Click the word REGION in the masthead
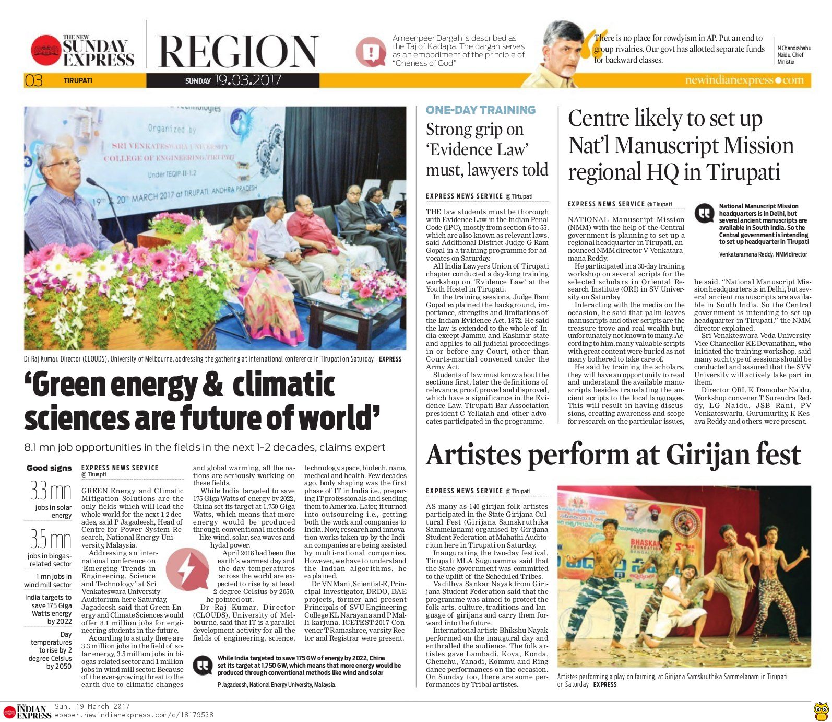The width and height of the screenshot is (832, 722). pyautogui.click(x=238, y=52)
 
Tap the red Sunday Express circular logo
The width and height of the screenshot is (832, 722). pyautogui.click(x=46, y=50)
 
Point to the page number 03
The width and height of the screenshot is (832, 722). pyautogui.click(x=33, y=80)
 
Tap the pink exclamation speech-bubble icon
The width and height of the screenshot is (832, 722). pyautogui.click(x=371, y=52)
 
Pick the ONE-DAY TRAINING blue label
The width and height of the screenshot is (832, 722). pyautogui.click(x=481, y=110)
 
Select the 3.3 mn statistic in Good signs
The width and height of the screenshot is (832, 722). pyautogui.click(x=51, y=491)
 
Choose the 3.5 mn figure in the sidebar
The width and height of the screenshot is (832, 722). pyautogui.click(x=51, y=539)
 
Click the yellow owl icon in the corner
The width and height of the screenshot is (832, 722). pyautogui.click(x=821, y=711)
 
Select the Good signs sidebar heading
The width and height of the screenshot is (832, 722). pyautogui.click(x=49, y=468)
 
